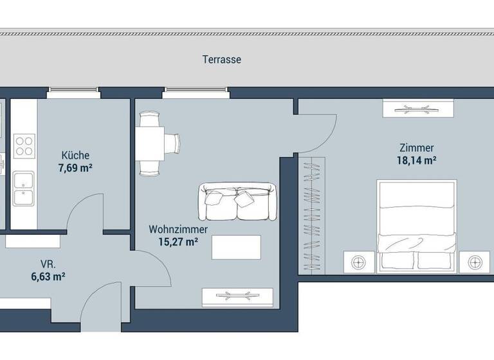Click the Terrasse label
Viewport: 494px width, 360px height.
click(221, 60)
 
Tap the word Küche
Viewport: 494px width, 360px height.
click(75, 155)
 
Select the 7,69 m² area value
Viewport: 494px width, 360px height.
click(75, 168)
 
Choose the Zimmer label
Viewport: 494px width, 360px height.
click(416, 147)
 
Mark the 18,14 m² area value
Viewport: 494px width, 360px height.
click(416, 161)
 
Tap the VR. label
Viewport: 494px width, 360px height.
click(47, 264)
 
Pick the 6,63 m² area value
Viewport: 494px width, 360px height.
click(47, 277)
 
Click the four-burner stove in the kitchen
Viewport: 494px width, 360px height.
click(24, 146)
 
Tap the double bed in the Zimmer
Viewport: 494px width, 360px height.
click(417, 225)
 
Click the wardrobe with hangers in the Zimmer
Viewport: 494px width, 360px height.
click(312, 214)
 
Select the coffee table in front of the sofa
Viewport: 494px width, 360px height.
click(237, 247)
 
